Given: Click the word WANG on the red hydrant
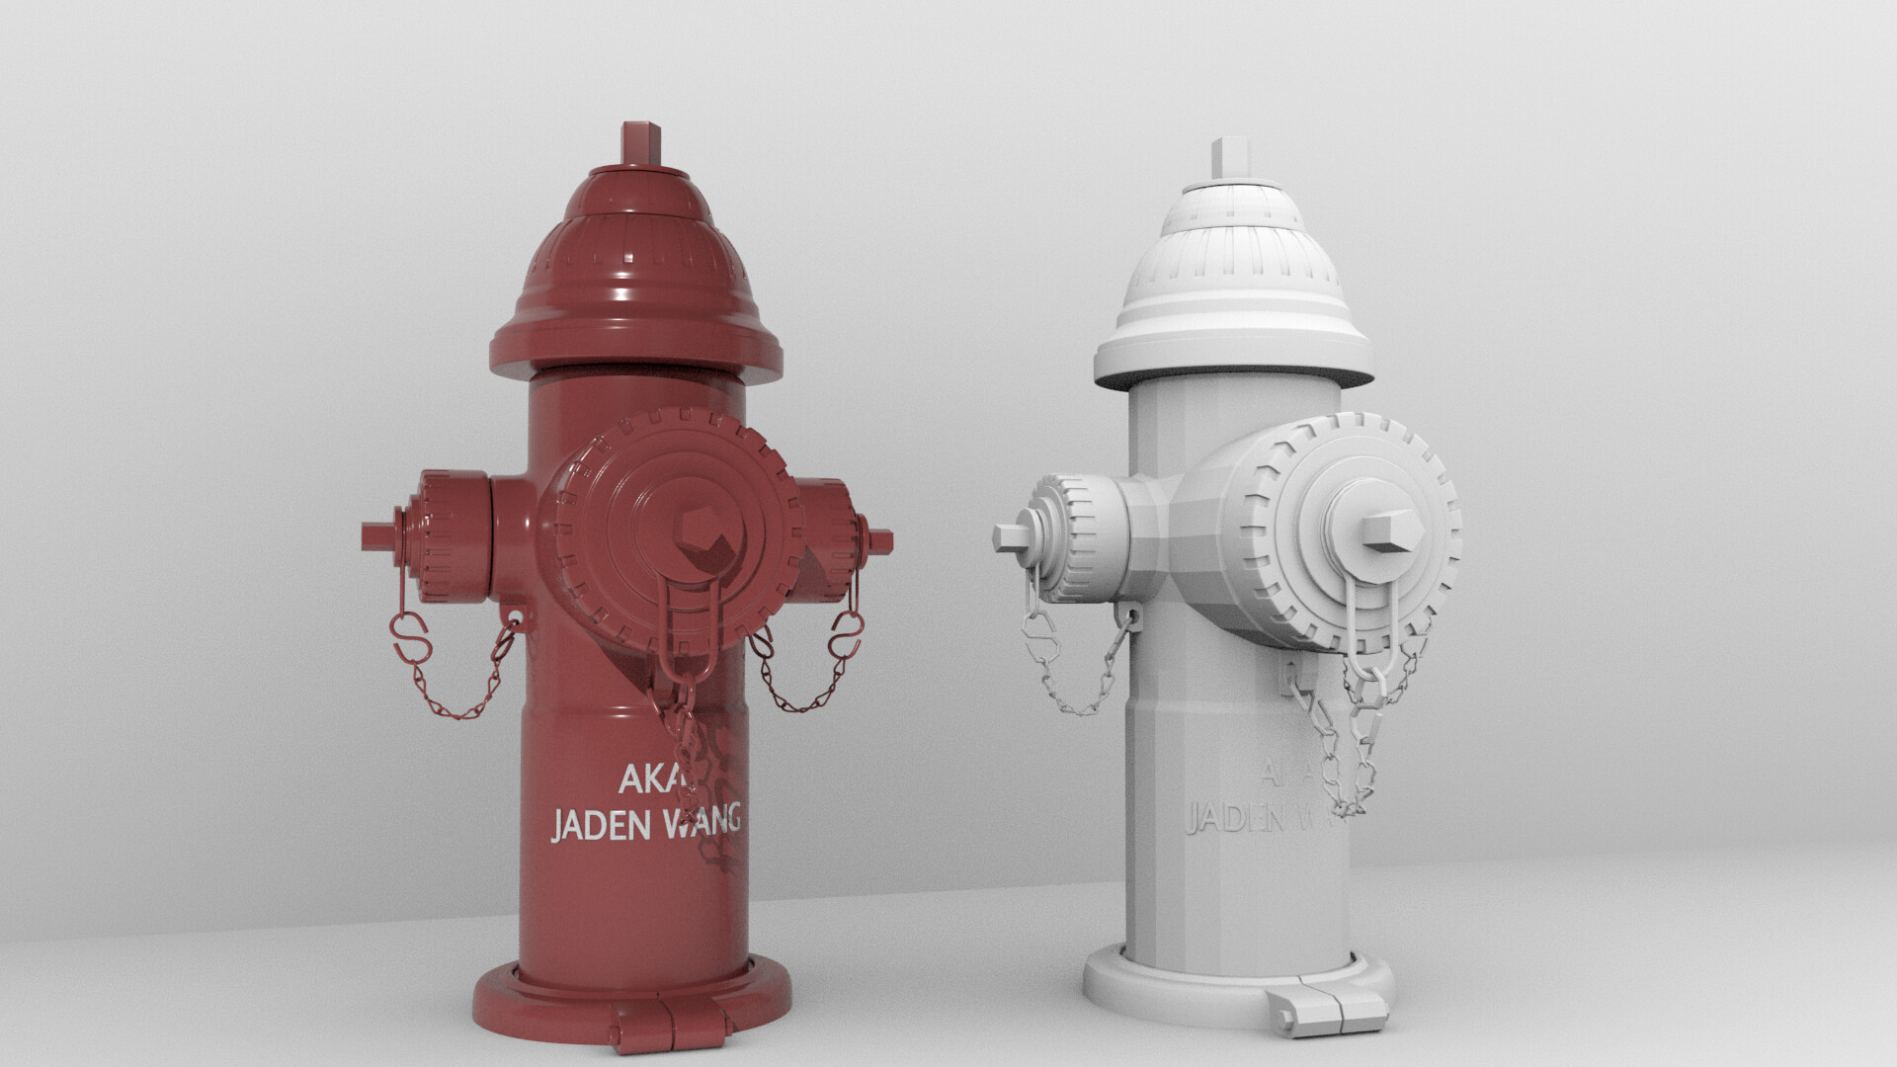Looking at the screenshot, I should click(702, 820).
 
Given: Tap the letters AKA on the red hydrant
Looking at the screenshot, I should click(648, 779).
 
